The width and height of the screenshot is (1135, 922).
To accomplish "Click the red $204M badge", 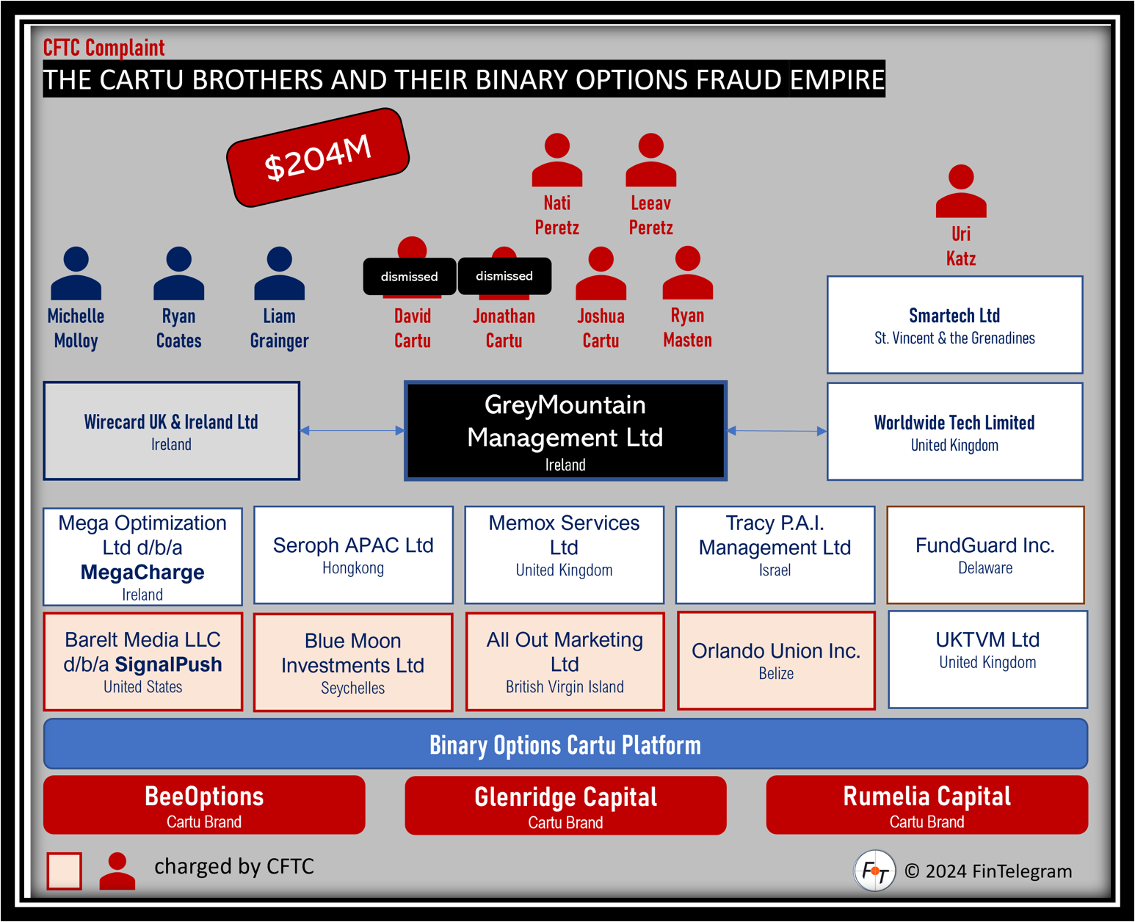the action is [x=318, y=157].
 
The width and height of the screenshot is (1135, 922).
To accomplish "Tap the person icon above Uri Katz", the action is [x=961, y=191].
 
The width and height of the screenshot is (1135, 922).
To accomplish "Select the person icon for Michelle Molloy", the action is [x=76, y=273].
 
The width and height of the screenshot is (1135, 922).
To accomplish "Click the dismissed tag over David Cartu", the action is [x=409, y=277].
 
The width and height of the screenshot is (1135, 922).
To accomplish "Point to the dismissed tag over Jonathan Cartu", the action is [x=504, y=276].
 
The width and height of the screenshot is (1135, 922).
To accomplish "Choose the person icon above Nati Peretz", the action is [x=556, y=159].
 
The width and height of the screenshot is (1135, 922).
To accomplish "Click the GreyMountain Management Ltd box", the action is [x=565, y=431].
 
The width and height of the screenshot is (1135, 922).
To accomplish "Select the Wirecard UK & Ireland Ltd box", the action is [x=171, y=431].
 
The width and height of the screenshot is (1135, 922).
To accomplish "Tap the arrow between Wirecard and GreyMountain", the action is [x=352, y=430].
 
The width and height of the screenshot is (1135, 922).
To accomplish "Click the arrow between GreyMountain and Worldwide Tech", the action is [x=777, y=431].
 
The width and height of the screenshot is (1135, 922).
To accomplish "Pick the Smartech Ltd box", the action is [x=954, y=324].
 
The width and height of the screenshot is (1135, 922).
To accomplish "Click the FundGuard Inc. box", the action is [x=985, y=555].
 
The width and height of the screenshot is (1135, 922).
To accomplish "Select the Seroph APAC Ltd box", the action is [x=353, y=555].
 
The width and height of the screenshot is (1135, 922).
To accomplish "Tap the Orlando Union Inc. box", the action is [x=776, y=661].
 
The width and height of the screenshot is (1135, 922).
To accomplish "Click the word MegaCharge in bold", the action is [x=142, y=572].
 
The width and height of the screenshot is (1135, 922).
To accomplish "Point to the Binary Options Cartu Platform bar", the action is [x=565, y=744].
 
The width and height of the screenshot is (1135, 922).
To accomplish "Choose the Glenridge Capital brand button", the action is [x=565, y=805].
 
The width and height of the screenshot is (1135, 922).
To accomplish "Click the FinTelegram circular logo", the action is [x=874, y=871].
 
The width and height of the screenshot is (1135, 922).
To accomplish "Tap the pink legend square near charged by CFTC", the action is [x=64, y=871].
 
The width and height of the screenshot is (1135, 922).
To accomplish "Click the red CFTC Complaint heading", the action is [x=104, y=48].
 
